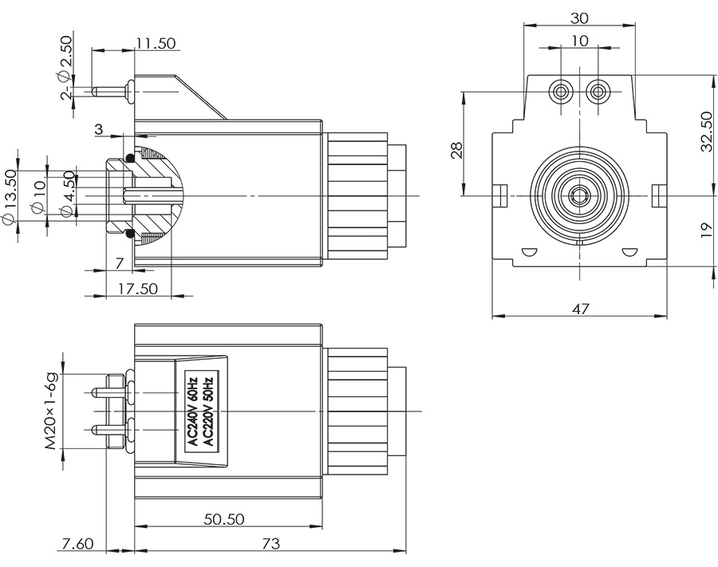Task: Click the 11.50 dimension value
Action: point(155,44)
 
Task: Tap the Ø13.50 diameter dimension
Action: point(11,195)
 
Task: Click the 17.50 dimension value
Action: point(137,289)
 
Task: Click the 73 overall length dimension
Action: point(270,544)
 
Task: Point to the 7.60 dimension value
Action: point(77,544)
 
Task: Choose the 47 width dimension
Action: point(580,309)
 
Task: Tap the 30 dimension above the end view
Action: point(580,18)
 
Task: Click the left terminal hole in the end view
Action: point(562,93)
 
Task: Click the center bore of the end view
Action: point(580,194)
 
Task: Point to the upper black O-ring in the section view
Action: point(129,156)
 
